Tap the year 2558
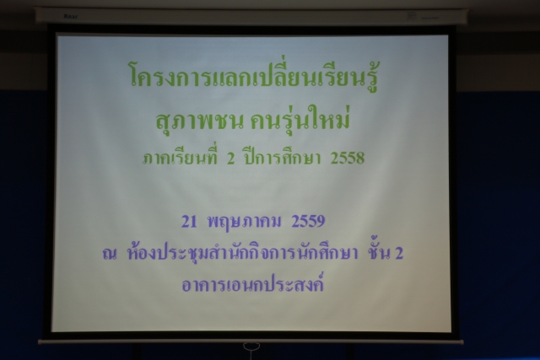pos(347,159)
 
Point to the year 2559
pos(308,221)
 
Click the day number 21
pos(189,222)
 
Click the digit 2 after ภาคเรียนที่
pos(230,159)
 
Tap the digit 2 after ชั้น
pos(399,254)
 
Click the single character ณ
pos(110,255)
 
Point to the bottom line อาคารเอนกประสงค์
pos(253,283)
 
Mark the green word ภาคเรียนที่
pos(180,158)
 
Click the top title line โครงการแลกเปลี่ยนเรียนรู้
pos(254,74)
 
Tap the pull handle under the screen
pos(251,347)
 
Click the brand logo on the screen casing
pos(71,17)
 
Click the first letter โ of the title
pos(135,74)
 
